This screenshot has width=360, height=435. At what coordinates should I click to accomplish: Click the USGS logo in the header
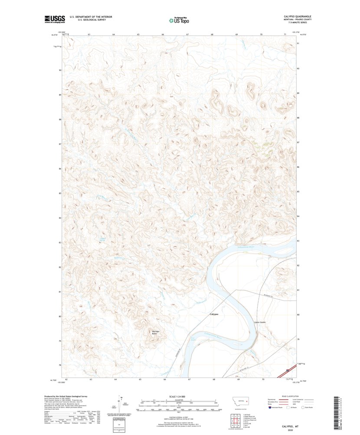pos(55,19)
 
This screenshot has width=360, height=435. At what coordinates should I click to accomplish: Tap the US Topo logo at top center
pos(179,20)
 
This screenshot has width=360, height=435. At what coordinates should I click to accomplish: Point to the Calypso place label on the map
pos(214,314)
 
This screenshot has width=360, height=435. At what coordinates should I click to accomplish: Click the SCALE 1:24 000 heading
pos(177,397)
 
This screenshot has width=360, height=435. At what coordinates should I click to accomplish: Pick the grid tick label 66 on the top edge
pos(163,34)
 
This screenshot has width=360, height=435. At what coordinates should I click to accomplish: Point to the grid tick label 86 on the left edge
pos(60,168)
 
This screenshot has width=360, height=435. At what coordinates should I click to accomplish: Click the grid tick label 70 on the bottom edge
pos(263,379)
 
